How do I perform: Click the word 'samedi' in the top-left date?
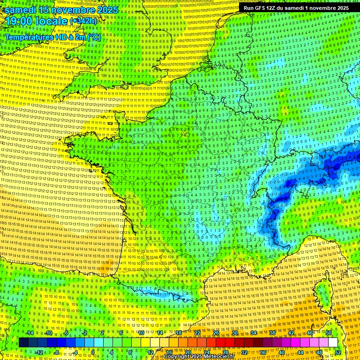(x=21, y=9)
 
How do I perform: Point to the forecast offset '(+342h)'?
(x=83, y=21)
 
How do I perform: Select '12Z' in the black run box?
(x=273, y=8)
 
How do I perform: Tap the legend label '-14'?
(x=30, y=332)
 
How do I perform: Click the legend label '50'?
(x=329, y=332)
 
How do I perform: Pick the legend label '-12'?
(x=39, y=352)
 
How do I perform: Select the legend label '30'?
(x=235, y=332)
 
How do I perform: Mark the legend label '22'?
(x=197, y=332)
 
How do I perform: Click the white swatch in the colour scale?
(x=333, y=343)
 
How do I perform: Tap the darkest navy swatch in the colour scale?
(x=23, y=343)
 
